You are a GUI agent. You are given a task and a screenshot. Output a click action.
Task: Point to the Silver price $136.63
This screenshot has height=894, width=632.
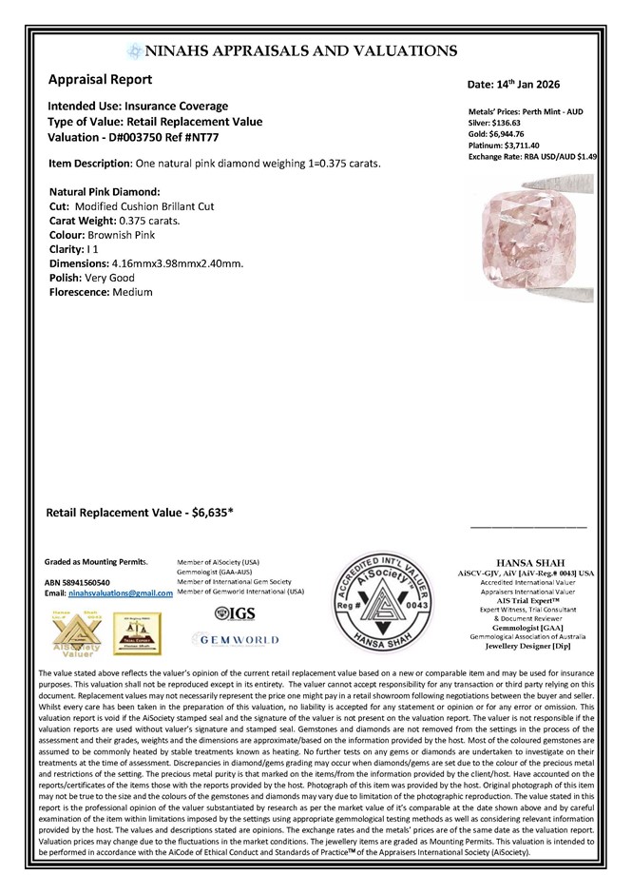tap(516, 123)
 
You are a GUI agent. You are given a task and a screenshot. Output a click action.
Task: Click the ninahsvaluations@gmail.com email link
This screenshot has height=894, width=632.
tap(121, 593)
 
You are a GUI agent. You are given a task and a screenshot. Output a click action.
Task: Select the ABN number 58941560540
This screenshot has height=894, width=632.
tap(87, 582)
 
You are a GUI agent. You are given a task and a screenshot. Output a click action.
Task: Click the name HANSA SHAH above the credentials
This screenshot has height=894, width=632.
tap(525, 562)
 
